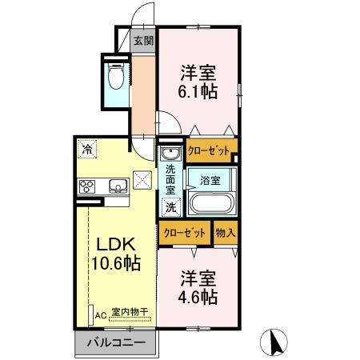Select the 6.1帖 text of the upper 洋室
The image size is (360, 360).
point(197,91)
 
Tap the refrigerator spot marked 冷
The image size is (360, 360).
point(86,148)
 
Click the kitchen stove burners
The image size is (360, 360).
point(87,187)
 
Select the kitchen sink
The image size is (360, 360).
point(117,187)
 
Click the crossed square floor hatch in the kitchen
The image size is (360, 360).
point(142,179)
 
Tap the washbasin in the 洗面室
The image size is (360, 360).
point(170,154)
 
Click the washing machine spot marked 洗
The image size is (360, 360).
point(170,206)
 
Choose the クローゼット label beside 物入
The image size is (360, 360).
point(182,233)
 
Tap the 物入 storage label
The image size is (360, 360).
point(225,233)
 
